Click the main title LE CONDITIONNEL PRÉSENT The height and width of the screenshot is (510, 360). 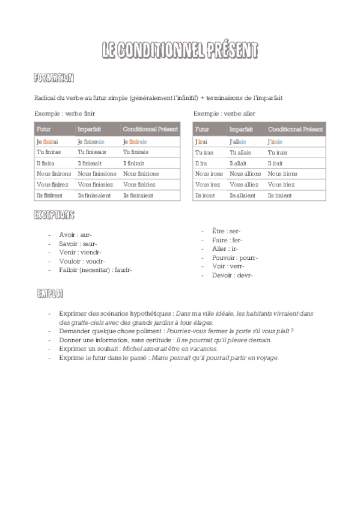(180, 51)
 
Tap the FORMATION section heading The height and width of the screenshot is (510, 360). (54, 78)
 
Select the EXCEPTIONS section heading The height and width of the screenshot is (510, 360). (54, 215)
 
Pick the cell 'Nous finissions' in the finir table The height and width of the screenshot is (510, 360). (97, 174)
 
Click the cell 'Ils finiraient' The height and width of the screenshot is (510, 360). (138, 195)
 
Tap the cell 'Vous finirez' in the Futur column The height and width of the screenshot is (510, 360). (53, 185)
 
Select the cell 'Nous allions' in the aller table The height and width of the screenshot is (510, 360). (245, 174)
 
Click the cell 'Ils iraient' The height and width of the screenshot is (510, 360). (280, 195)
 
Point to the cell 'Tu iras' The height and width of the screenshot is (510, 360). (204, 152)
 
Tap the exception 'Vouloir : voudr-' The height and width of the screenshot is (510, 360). (82, 261)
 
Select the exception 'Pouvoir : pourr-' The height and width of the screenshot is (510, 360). (235, 258)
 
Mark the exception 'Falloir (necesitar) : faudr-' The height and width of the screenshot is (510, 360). (96, 270)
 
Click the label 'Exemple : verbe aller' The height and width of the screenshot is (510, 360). (224, 113)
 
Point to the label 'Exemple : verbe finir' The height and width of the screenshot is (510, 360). (66, 113)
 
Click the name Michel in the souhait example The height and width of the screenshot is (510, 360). (131, 349)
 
